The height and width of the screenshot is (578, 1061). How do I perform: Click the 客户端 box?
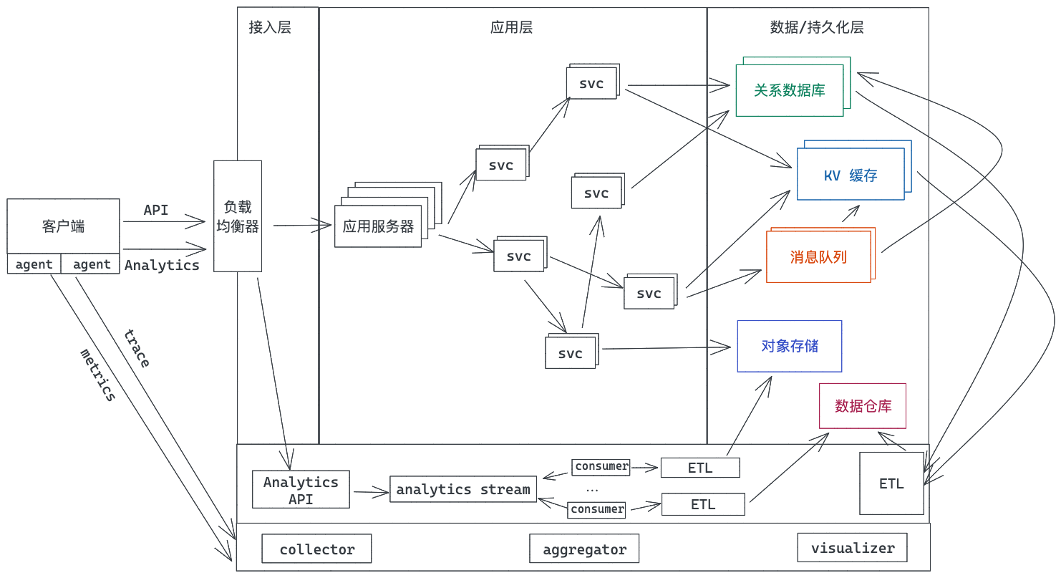[63, 226]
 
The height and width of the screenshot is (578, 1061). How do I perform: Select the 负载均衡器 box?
[238, 216]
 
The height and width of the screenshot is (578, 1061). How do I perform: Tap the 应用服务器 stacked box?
[378, 227]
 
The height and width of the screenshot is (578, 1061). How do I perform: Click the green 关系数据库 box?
[789, 91]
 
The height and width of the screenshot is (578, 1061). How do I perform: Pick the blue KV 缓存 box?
[851, 175]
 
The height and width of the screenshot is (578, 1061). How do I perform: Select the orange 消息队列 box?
[818, 257]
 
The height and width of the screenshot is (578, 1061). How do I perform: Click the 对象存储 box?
[790, 346]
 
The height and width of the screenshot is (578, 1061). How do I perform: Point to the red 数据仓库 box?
[863, 406]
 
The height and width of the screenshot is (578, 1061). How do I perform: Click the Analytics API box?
[301, 490]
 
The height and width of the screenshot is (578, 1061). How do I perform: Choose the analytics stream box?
[463, 490]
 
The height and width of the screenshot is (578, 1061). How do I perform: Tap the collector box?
[316, 549]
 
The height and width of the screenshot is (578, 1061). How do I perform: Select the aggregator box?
[584, 549]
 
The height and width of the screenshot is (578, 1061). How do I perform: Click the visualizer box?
[852, 548]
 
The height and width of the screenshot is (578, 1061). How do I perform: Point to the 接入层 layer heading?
[270, 27]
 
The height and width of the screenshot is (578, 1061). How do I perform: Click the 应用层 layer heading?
[511, 27]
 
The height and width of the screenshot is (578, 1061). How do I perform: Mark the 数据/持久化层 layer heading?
[817, 27]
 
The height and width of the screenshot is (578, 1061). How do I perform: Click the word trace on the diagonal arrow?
[136, 348]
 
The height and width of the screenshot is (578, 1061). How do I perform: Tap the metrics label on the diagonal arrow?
[97, 374]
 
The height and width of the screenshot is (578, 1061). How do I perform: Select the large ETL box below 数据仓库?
[891, 483]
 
